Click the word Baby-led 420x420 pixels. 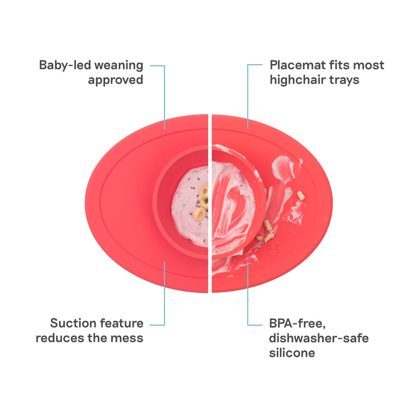[x=64, y=65]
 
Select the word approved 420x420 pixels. [x=115, y=80]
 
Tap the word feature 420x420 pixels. [x=122, y=323]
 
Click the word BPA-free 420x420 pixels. [x=297, y=323]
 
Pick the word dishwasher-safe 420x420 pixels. [x=319, y=338]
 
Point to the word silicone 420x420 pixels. [x=292, y=353]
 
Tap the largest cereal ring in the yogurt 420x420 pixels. [x=199, y=214]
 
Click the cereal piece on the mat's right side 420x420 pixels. [x=301, y=196]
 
